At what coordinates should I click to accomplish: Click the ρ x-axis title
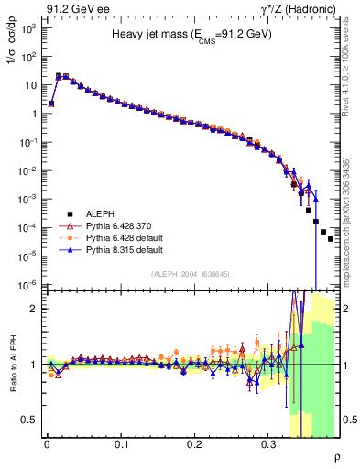coord(336,456)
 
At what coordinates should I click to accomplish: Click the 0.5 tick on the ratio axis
coord(30,420)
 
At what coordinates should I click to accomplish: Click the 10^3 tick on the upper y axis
coord(29,27)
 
